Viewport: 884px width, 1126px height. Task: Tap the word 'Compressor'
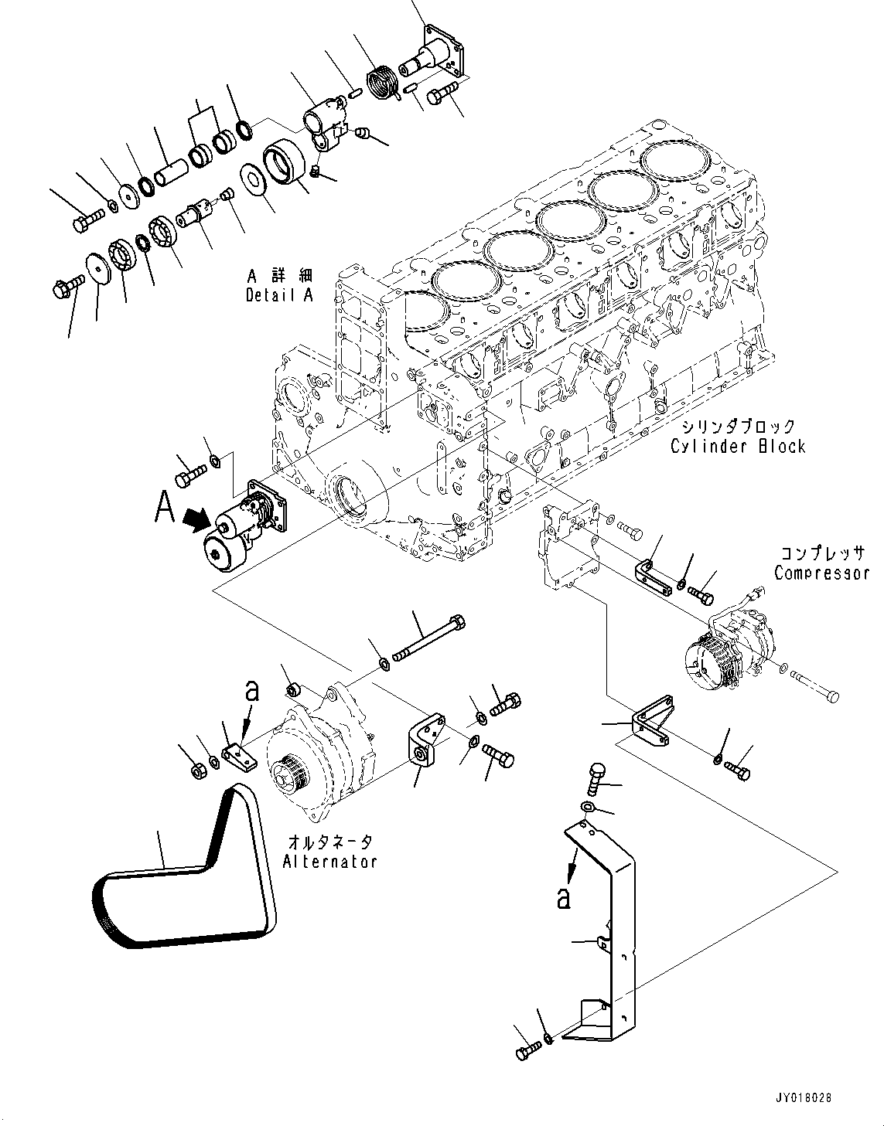point(821,573)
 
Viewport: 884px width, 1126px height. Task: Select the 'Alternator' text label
point(329,861)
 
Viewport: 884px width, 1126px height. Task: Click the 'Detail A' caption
point(279,295)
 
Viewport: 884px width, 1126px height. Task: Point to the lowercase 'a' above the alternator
point(251,691)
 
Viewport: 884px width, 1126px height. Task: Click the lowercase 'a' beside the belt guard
point(564,898)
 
